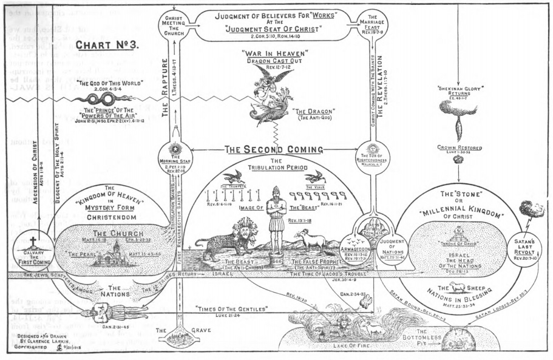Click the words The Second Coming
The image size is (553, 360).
coord(274,148)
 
